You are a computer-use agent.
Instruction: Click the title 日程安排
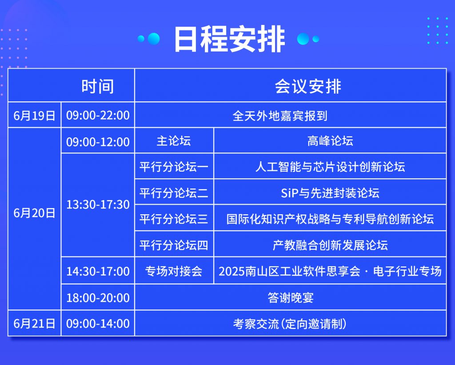pyautogui.click(x=230, y=39)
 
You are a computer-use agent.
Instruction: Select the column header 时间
pyautogui.click(x=97, y=86)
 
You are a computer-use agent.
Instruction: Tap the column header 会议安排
pyautogui.click(x=308, y=86)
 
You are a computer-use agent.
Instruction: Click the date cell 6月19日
pyautogui.click(x=34, y=116)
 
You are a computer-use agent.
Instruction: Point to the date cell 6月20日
pyautogui.click(x=34, y=213)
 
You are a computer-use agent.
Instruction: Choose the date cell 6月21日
pyautogui.click(x=34, y=324)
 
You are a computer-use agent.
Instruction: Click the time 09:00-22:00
pyautogui.click(x=98, y=115)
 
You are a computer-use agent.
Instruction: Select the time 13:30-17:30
pyautogui.click(x=98, y=205)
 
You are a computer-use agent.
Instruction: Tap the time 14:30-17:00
pyautogui.click(x=98, y=271)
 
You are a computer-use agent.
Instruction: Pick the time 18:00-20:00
pyautogui.click(x=98, y=297)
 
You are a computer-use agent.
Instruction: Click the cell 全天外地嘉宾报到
pyautogui.click(x=280, y=116)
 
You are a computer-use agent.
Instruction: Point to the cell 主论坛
pyautogui.click(x=174, y=141)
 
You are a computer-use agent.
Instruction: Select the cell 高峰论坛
pyautogui.click(x=330, y=141)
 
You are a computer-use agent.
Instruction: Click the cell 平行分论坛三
pyautogui.click(x=174, y=219)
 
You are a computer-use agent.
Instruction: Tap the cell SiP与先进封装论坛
pyautogui.click(x=330, y=193)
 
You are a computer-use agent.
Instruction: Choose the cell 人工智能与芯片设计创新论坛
pyautogui.click(x=330, y=167)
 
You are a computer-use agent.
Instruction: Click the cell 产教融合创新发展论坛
pyautogui.click(x=330, y=245)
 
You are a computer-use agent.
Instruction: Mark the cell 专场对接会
pyautogui.click(x=174, y=271)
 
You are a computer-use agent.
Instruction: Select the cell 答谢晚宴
pyautogui.click(x=291, y=297)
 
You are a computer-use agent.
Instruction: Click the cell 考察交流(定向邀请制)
pyautogui.click(x=290, y=324)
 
